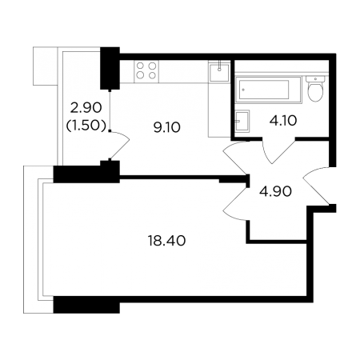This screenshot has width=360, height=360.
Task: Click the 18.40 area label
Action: pos(166,241)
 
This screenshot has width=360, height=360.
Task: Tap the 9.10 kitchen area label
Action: pos(167,127)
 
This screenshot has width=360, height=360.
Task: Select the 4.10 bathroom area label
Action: pos(283,121)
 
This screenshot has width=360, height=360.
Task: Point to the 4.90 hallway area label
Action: pos(275,191)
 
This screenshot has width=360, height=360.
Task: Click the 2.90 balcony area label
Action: pos(86,108)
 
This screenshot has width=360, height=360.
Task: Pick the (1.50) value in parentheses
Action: pos(86,126)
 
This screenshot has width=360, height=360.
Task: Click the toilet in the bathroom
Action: pos(315,89)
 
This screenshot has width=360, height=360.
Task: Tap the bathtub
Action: pos(268,90)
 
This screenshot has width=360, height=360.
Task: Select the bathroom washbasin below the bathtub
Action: pos(242,122)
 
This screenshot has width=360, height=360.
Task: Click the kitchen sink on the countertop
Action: pos(219,71)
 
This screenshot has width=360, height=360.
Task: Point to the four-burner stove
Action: pos(146,70)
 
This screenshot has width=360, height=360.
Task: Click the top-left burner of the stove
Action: pos(140,66)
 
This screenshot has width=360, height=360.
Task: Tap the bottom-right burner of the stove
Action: pos(152,76)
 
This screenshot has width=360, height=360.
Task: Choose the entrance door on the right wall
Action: pos(316,186)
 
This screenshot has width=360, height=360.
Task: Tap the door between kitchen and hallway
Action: pos(235,158)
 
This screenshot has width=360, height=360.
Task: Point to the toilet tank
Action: pos(315,79)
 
